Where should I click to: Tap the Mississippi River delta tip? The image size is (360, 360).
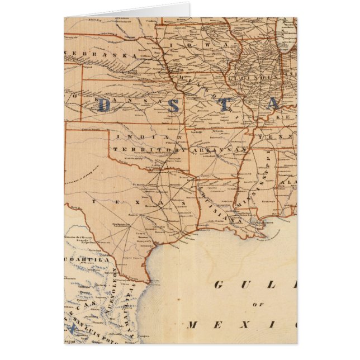click(263, 230)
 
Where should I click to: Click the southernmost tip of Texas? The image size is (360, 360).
click(146, 280)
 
